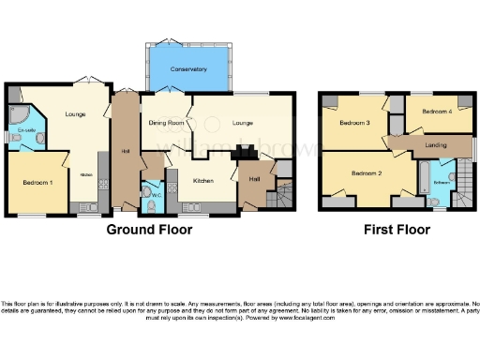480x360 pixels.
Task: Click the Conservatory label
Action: point(188,70)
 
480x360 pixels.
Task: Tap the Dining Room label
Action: point(166,123)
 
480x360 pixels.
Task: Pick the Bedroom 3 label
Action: point(355,123)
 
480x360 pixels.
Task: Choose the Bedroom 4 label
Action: point(436,112)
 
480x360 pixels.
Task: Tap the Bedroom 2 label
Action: point(367,173)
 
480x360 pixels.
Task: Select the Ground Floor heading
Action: point(149,230)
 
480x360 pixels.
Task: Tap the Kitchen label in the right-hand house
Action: point(203,180)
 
